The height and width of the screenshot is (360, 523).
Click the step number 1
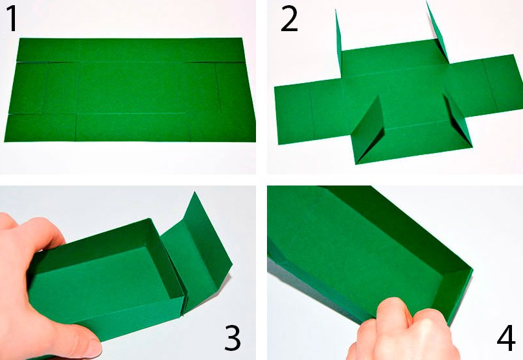pyautogui.click(x=12, y=19)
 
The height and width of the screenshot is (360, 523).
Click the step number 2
pyautogui.click(x=289, y=19)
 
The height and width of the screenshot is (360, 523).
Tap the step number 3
pyautogui.click(x=232, y=338)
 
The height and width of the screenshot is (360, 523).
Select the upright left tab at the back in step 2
pyautogui.click(x=339, y=43)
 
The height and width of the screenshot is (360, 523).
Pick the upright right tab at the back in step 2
pyautogui.click(x=437, y=32)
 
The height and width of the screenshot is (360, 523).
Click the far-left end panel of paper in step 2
pyautogui.click(x=294, y=114)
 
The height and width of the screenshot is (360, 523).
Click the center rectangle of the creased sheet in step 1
pyautogui.click(x=132, y=88)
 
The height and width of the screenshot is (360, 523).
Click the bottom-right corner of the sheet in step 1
pyautogui.click(x=255, y=141)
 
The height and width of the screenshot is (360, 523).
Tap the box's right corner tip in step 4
pyautogui.click(x=472, y=268)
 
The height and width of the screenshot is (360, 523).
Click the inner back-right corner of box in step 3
pyautogui.click(x=146, y=246)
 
